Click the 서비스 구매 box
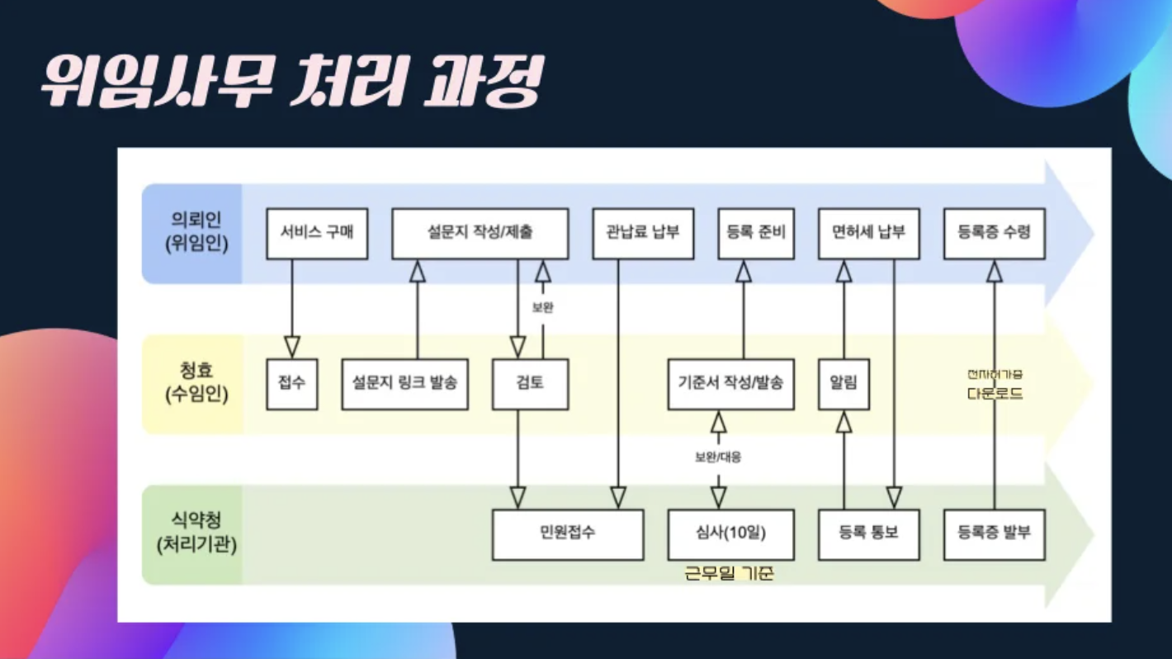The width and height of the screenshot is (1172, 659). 317,234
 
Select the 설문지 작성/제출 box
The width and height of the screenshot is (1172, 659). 480,234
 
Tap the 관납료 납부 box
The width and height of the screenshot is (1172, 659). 643,234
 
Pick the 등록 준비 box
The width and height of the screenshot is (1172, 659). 755,234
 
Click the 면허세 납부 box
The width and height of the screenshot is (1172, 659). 868,234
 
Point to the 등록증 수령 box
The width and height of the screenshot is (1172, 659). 994,234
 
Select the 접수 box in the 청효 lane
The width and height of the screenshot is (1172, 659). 291,384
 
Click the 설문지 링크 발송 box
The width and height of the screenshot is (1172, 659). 404,384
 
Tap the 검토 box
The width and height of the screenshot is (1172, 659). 530,384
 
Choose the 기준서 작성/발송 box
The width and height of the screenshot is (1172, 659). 730,384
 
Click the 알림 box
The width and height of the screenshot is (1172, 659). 844,384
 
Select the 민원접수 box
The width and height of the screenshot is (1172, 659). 568,534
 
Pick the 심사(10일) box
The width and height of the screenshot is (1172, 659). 730,534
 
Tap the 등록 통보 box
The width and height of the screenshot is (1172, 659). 868,534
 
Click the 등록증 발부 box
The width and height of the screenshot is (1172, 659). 994,534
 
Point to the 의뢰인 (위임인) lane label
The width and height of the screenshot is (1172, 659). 196,233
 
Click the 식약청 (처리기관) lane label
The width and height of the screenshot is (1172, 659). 196,533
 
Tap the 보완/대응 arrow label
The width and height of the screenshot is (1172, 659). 718,457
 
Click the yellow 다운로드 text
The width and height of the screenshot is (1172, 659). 995,394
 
